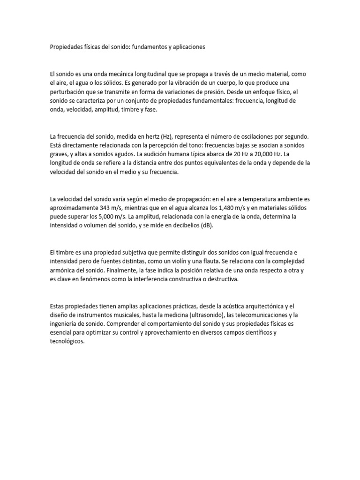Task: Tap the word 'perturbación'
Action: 67,92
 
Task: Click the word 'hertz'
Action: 149,136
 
